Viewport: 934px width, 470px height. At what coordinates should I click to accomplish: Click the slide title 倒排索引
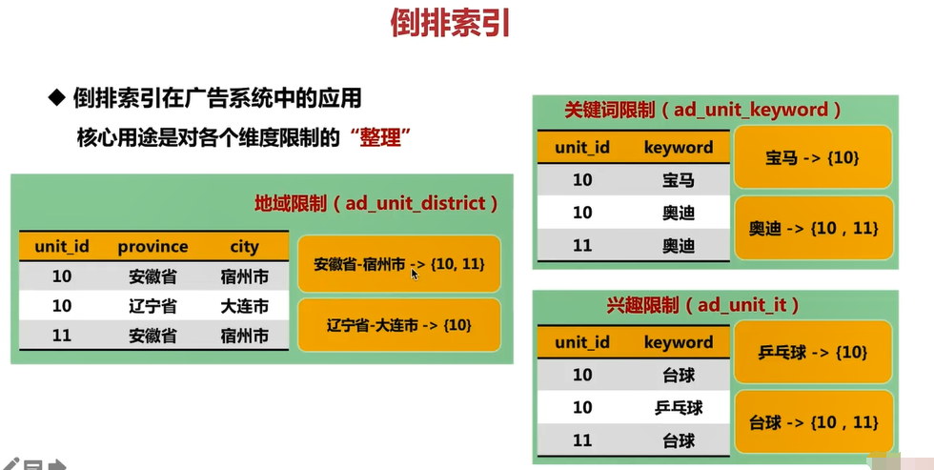(451, 23)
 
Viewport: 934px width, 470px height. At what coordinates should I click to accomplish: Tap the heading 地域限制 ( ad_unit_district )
(376, 203)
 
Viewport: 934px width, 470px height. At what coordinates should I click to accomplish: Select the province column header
(152, 247)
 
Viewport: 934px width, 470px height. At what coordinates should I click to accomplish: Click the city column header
(244, 247)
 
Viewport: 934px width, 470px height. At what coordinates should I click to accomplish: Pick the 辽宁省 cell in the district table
(152, 307)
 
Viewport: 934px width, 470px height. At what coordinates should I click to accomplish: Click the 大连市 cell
(244, 307)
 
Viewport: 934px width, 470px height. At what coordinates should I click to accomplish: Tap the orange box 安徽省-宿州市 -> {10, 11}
(399, 263)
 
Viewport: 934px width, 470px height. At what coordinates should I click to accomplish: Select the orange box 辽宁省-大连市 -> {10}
(399, 325)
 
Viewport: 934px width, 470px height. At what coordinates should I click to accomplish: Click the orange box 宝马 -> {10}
(812, 157)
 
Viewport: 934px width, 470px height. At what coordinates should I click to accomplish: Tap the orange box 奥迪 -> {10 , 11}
(812, 228)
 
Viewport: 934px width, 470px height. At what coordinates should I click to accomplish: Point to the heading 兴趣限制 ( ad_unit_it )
(702, 305)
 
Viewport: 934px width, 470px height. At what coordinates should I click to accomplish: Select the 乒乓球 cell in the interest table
(679, 408)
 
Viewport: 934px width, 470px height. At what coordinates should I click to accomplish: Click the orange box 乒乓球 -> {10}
(812, 353)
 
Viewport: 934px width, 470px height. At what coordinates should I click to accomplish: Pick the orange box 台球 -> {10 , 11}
(812, 422)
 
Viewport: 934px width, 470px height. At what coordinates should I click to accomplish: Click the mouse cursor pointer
(416, 275)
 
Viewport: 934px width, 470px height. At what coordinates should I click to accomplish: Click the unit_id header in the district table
(62, 247)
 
